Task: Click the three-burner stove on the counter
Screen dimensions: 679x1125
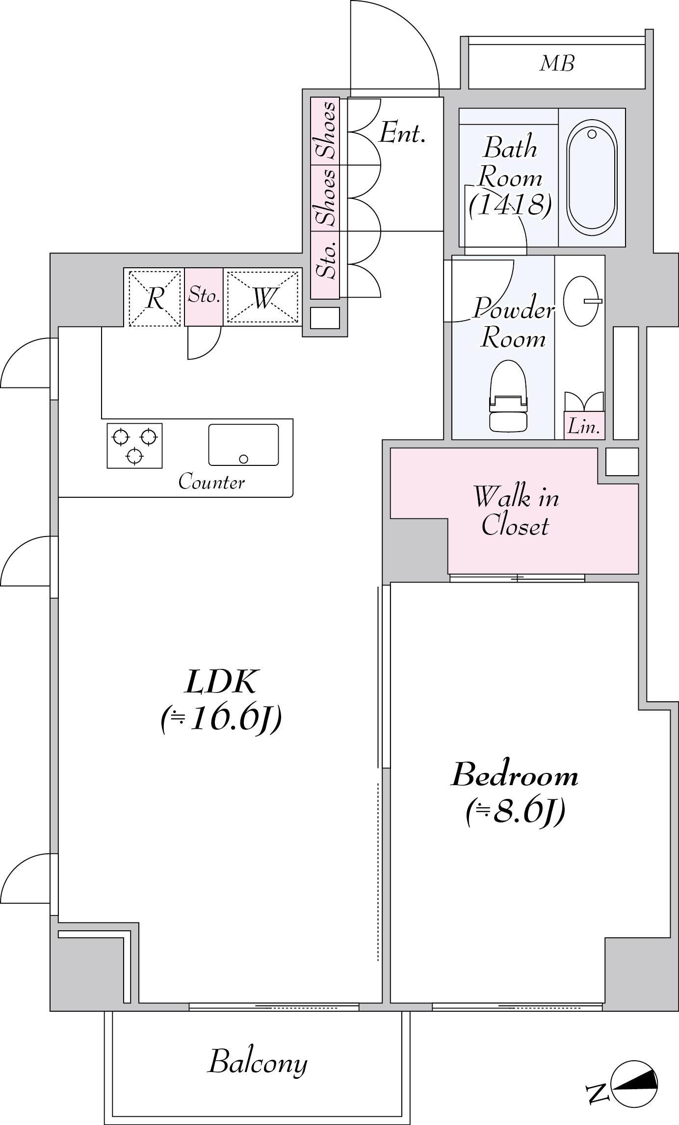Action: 134,445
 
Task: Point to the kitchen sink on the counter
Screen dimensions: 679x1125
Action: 243,444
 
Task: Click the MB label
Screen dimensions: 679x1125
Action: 557,63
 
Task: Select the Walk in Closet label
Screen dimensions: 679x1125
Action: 515,511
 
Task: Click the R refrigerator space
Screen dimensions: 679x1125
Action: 155,297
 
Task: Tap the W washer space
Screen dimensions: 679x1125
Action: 262,297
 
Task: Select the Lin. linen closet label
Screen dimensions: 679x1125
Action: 584,427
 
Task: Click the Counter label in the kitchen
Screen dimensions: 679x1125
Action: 211,482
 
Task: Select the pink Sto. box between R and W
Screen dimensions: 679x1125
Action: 204,297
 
